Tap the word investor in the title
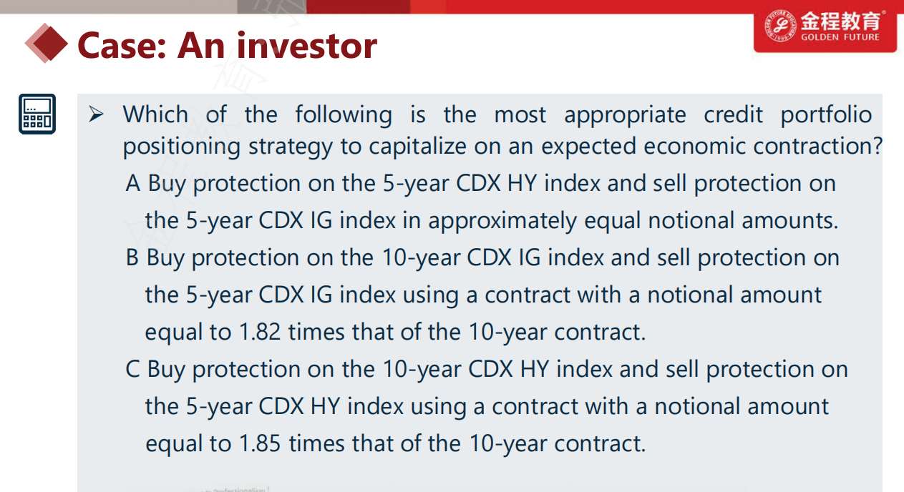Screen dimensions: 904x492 307,46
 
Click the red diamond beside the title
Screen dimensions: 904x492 47,43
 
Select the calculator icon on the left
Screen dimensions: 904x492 37,114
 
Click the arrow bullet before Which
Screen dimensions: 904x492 96,114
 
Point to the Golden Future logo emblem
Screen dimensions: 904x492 780,26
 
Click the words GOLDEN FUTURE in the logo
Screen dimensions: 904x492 840,37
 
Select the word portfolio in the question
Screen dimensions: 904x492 826,115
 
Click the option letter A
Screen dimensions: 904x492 133,184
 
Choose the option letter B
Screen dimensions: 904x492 132,257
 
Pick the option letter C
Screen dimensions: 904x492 132,369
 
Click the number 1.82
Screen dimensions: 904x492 260,332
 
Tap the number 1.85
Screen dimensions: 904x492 260,443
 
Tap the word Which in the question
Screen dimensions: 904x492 155,114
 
